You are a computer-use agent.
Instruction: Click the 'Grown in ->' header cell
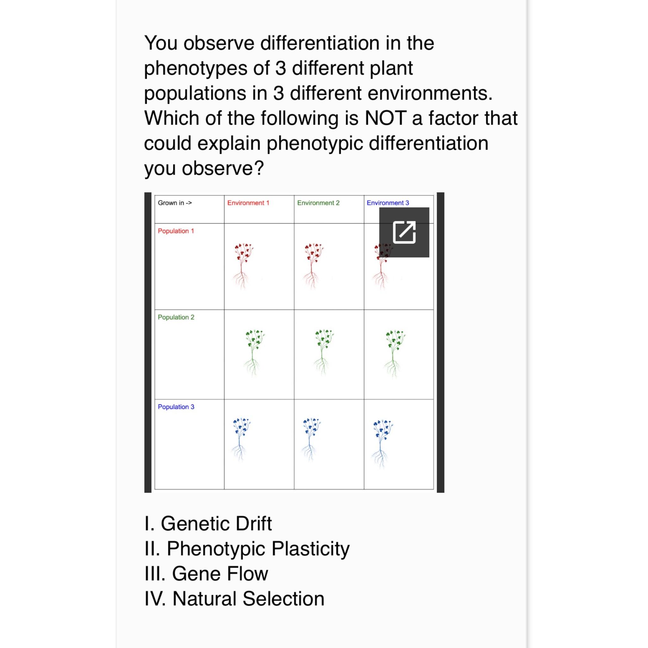175,203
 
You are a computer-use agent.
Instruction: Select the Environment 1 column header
248,203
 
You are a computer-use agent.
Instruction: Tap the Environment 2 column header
318,203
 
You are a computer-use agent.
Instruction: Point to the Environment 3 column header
388,203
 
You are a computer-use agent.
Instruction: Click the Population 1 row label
176,231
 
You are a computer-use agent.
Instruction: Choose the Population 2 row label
176,317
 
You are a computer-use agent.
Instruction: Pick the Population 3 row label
176,407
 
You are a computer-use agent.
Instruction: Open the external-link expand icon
404,232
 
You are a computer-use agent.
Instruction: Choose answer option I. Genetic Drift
208,524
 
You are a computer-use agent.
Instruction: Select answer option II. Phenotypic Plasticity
247,549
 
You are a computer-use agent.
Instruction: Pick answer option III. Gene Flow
206,574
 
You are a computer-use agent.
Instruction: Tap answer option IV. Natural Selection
234,599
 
